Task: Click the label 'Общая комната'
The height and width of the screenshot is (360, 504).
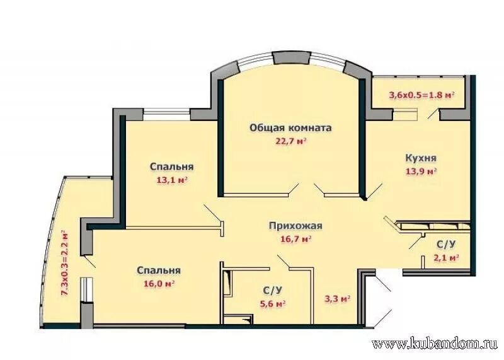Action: tap(290, 128)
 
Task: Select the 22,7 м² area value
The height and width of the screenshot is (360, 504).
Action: tap(290, 141)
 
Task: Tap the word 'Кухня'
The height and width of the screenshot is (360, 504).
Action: tap(421, 158)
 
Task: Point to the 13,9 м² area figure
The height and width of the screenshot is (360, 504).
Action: tap(421, 171)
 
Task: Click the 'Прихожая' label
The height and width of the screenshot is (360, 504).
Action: tap(295, 226)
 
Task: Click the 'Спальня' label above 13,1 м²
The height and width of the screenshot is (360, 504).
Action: tap(171, 167)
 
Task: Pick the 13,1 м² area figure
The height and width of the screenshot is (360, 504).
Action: tap(171, 180)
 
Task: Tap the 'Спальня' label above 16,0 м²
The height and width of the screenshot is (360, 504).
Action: tap(159, 270)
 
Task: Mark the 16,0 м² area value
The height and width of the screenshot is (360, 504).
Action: tap(159, 284)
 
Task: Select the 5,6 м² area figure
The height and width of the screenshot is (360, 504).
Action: tap(273, 303)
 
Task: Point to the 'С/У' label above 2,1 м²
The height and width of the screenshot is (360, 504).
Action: tap(446, 245)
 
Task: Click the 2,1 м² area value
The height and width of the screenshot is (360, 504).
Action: tap(445, 258)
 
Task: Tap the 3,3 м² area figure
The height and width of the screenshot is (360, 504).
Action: tap(337, 299)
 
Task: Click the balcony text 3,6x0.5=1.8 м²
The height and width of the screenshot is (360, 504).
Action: tap(421, 95)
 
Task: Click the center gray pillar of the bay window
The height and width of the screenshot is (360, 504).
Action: tap(292, 59)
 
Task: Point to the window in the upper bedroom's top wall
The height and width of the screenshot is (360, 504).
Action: tap(166, 115)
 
